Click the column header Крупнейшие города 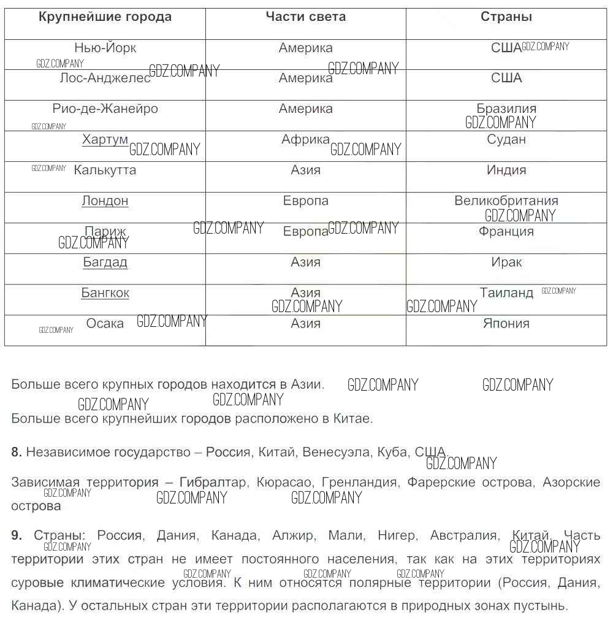point(105,17)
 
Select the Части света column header point(305,17)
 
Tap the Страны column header point(506,17)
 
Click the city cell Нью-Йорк point(105,48)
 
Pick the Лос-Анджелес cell point(105,78)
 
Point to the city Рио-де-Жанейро point(105,109)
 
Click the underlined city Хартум point(105,140)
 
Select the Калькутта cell point(105,170)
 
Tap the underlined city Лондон point(105,201)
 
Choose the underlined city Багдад point(105,262)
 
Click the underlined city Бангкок point(105,293)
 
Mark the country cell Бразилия point(506,109)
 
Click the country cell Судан point(506,140)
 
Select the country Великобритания point(506,201)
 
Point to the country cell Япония point(506,324)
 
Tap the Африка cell point(305,140)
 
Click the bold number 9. point(16,535)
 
